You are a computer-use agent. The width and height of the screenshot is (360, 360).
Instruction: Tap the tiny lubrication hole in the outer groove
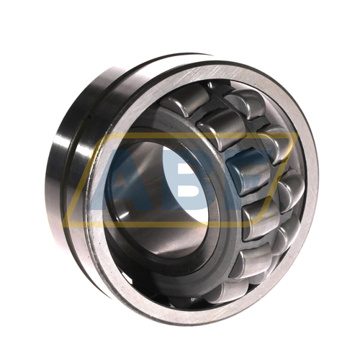[89, 117]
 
